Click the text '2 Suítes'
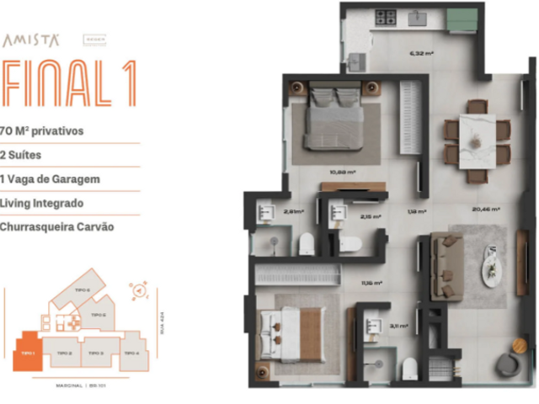21,155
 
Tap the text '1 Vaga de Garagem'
51,178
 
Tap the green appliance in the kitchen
462,19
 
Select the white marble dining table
478,141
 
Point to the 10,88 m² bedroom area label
342,172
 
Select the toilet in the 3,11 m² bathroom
408,368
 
